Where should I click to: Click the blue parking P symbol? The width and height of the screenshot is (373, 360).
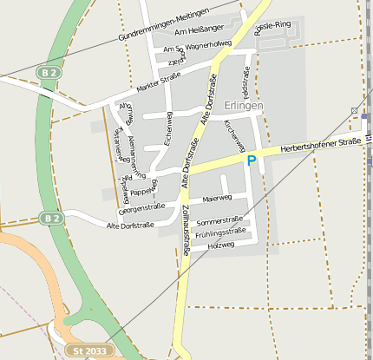252,160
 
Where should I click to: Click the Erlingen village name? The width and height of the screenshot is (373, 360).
242,106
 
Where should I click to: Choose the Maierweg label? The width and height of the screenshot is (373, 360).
217,200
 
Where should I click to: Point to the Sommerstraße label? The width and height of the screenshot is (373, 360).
219,220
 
